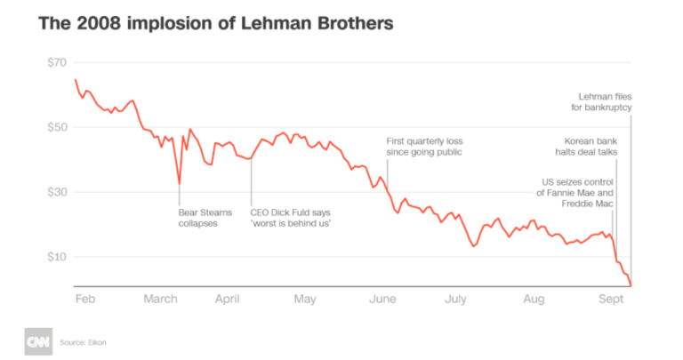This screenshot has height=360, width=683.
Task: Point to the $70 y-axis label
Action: coord(58,63)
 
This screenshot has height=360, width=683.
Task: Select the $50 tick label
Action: coord(58,127)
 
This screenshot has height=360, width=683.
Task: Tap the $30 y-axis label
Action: coord(58,192)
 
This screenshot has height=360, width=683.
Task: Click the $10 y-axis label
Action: coord(58,257)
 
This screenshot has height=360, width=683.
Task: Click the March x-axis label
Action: coord(162,300)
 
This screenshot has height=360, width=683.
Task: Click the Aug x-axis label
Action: coord(534,300)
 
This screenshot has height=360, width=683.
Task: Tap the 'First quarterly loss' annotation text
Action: coord(424,147)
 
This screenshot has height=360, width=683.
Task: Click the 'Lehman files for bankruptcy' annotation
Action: coord(601,102)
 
